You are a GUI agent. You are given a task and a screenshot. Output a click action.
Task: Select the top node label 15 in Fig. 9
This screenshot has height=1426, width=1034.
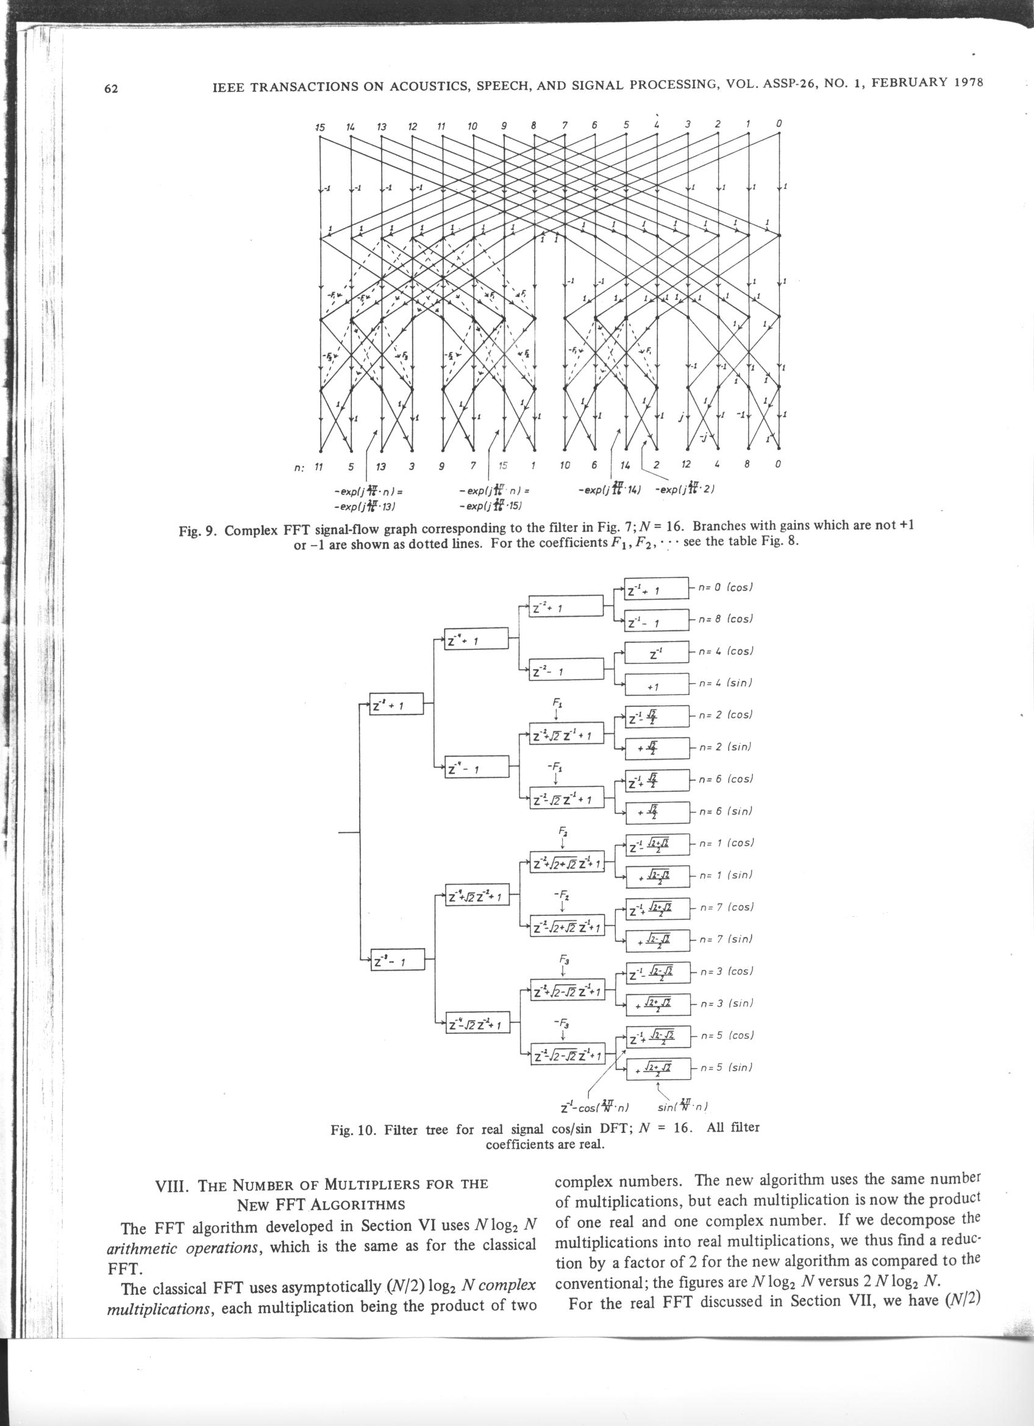click(x=320, y=127)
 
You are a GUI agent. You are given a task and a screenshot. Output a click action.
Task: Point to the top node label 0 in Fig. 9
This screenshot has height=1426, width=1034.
click(x=779, y=123)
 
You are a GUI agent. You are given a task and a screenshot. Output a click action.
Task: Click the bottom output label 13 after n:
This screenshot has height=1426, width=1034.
click(x=381, y=466)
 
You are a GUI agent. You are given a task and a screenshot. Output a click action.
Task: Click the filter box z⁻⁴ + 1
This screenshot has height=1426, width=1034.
click(x=476, y=640)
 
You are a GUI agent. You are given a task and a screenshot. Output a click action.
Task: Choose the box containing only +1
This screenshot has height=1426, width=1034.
click(x=656, y=686)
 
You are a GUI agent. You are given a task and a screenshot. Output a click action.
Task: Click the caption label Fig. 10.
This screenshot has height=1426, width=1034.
click(x=352, y=1129)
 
